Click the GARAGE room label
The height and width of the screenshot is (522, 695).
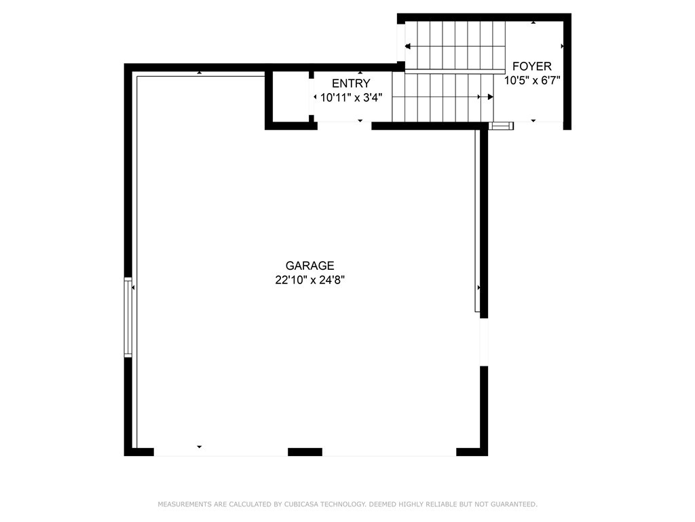point(309,266)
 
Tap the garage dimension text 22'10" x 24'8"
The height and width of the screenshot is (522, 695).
point(309,280)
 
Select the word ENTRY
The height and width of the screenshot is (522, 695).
point(351,84)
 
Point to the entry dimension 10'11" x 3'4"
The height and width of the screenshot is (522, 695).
point(351,97)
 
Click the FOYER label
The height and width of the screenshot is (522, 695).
point(532,67)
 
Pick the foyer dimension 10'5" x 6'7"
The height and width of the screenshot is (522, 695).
point(532,80)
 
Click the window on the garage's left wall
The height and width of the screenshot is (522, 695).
point(128,317)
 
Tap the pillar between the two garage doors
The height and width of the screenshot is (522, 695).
point(305,451)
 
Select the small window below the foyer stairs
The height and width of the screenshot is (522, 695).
point(502,126)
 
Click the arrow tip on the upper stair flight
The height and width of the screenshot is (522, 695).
point(407,46)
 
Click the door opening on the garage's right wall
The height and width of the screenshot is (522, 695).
point(483,342)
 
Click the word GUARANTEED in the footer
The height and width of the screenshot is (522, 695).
point(514,504)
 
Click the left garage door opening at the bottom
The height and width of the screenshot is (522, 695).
point(221,451)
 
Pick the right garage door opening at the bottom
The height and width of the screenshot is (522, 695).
point(389,451)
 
